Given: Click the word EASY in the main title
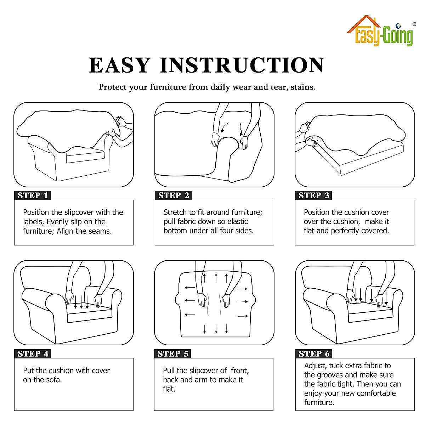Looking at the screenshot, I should pyautogui.click(x=119, y=65).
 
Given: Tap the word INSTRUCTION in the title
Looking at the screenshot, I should pyautogui.click(x=242, y=65).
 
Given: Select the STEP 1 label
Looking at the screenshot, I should pyautogui.click(x=33, y=195).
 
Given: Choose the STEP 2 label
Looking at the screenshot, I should pyautogui.click(x=173, y=195).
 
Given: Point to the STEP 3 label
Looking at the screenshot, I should pyautogui.click(x=313, y=195).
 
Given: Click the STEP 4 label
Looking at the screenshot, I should pyautogui.click(x=33, y=353).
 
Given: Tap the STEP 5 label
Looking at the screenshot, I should pyautogui.click(x=173, y=353).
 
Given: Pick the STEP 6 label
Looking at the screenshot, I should pyautogui.click(x=314, y=353).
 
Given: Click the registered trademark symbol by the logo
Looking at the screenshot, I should pyautogui.click(x=414, y=24).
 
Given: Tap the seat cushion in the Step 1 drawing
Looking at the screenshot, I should pyautogui.click(x=85, y=156).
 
